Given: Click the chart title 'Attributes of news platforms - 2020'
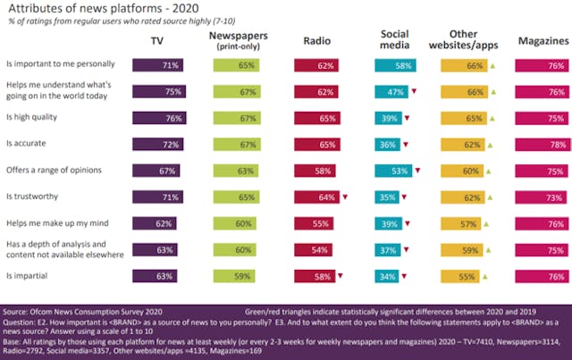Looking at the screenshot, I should (103, 10).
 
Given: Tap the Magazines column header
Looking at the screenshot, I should (543, 41).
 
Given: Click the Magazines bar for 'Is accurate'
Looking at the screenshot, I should (543, 143).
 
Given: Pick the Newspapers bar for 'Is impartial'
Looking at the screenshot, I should (237, 277).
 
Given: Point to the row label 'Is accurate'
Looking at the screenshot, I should (26, 143).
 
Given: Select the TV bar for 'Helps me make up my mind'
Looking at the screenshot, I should (156, 223).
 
